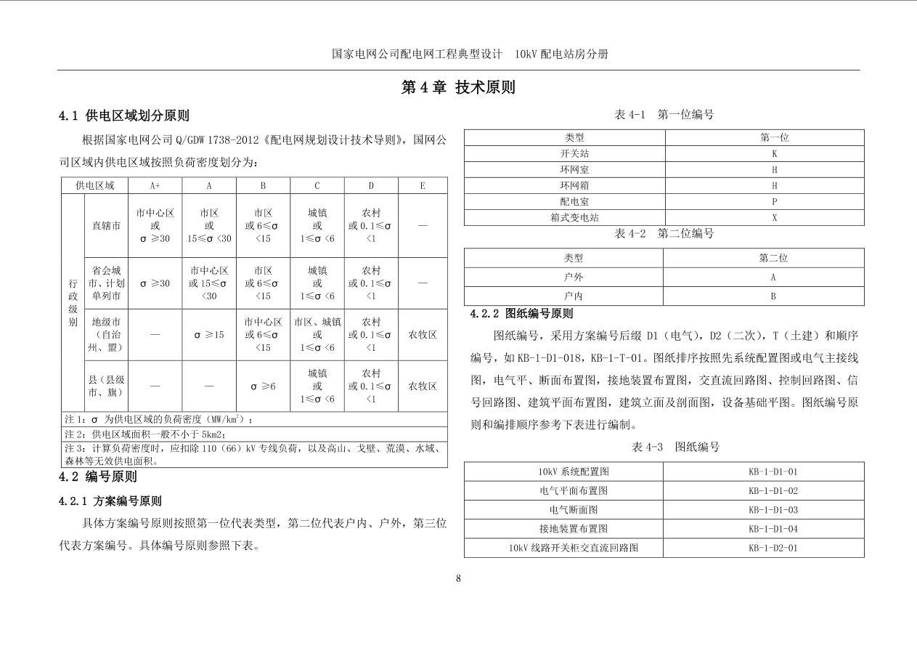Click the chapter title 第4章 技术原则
(458, 88)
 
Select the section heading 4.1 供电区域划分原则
(124, 116)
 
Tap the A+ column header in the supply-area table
(155, 186)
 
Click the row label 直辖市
(106, 226)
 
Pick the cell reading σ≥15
(209, 335)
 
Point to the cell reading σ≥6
(263, 386)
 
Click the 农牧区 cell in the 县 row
(423, 386)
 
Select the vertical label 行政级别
(73, 302)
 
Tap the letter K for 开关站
(774, 153)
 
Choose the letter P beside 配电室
(774, 201)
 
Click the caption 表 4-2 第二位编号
(664, 233)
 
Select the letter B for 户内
(773, 296)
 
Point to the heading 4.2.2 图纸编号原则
(521, 314)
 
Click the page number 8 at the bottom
(458, 578)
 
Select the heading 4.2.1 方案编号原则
(110, 501)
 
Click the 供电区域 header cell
(95, 186)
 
